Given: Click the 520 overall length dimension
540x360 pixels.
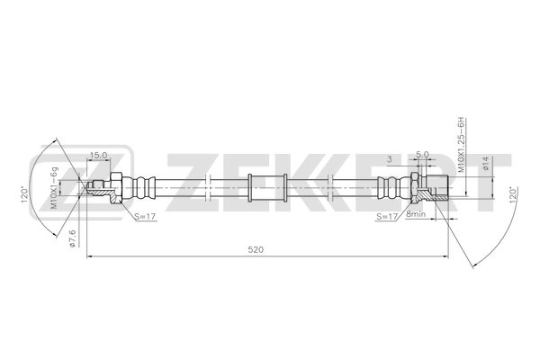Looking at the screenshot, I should [258, 250].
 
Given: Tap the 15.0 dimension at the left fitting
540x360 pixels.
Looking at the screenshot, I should [99, 154].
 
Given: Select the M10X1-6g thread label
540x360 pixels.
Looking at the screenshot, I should [54, 187].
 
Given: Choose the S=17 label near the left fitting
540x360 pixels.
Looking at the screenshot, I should [145, 216].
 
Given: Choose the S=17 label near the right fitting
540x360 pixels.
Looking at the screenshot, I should [387, 216].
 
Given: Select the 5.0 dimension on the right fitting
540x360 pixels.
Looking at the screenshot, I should [423, 154].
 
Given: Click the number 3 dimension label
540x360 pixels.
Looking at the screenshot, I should [388, 158].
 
